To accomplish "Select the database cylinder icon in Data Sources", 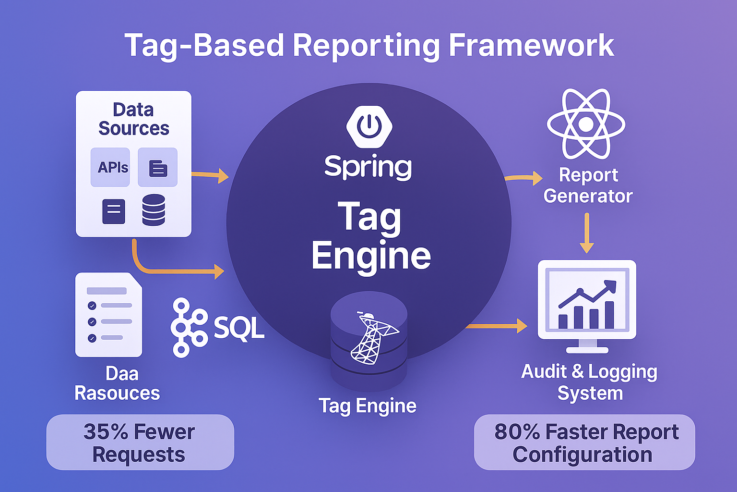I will pos(154,210).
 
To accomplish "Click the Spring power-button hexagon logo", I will pos(369,126).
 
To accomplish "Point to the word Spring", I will pos(368,167).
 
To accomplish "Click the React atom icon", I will pos(586,124).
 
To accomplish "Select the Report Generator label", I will pos(588,185).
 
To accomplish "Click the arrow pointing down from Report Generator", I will pos(586,233).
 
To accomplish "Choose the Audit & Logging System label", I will pos(589,382).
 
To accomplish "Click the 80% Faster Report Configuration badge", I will pos(584,443).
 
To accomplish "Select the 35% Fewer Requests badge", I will pos(140,443).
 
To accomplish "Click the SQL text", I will pos(238,328).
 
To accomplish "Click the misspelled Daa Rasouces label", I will pos(118,383).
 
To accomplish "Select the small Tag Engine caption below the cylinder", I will pos(368,406).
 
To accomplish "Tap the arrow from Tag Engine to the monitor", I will pos(497,326).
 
